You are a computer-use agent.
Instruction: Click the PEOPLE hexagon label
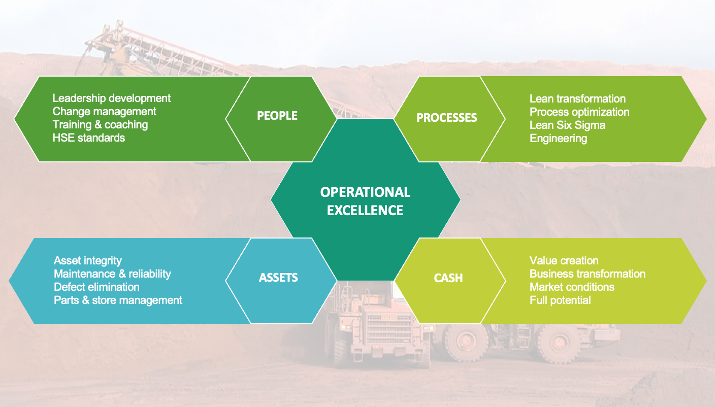click(277, 116)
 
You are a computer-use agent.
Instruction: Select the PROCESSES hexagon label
click(446, 118)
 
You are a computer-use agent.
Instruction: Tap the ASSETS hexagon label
click(278, 278)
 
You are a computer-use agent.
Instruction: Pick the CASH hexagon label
click(448, 278)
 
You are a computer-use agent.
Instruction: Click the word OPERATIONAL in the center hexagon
click(365, 192)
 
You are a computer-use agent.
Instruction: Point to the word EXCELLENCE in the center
click(365, 210)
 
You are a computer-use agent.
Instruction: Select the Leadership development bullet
click(111, 98)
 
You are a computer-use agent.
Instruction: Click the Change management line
click(105, 112)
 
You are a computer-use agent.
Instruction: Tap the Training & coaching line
click(100, 125)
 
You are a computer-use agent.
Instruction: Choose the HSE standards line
click(89, 138)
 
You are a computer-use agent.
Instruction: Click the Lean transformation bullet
click(577, 99)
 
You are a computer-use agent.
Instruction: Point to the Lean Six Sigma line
click(567, 125)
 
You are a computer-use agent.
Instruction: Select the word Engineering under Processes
click(558, 139)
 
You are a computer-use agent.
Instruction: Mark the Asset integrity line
click(87, 261)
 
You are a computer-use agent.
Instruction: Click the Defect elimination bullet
click(96, 287)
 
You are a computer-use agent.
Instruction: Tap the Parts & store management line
click(118, 300)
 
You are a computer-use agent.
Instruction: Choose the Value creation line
click(564, 261)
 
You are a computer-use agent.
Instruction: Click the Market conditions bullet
click(572, 287)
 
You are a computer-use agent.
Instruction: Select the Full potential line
click(560, 300)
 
